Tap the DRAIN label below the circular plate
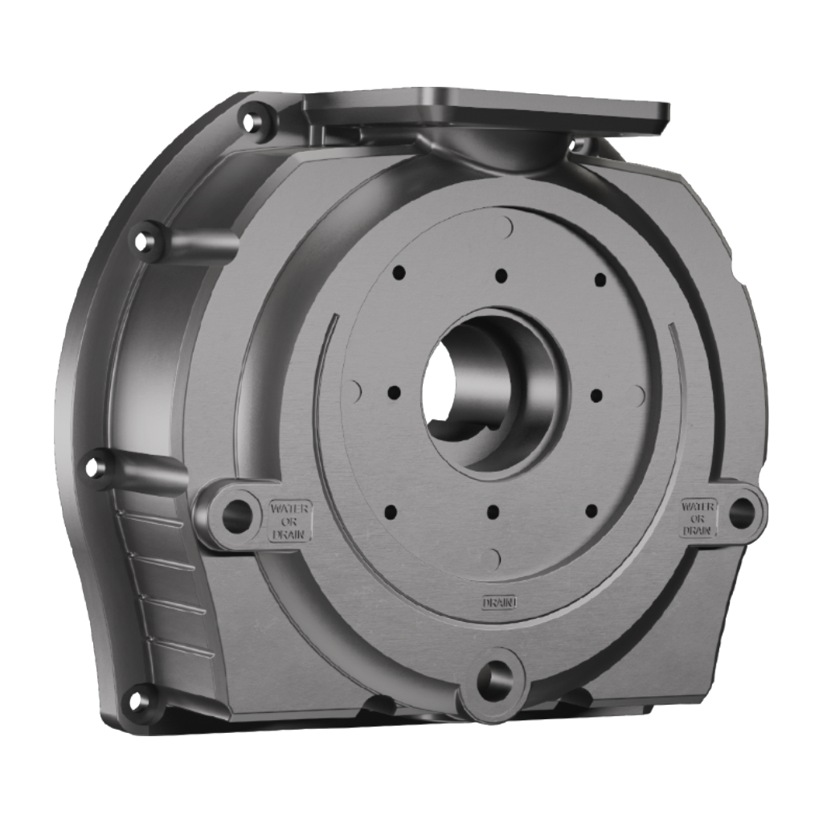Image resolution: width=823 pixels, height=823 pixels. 498,602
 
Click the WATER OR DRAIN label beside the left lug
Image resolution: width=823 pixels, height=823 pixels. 289,520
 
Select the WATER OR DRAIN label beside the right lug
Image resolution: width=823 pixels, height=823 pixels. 698,518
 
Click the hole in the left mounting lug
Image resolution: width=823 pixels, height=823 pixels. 236,515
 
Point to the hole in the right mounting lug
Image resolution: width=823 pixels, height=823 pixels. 741,513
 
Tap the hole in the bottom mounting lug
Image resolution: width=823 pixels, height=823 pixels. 494,681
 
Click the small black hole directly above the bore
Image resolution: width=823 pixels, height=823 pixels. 501,276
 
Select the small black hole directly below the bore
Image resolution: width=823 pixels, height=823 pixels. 493,512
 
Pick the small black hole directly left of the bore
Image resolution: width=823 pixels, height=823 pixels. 394,393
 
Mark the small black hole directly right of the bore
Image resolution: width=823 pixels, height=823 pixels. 596,395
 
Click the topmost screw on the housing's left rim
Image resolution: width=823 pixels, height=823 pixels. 252,122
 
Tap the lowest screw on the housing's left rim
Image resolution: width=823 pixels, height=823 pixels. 138,700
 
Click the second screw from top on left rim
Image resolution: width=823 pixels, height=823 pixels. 144,240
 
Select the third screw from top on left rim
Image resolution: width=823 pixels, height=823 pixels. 95,466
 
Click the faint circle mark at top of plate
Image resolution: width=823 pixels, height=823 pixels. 504,227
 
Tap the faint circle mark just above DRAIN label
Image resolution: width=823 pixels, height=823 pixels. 491,559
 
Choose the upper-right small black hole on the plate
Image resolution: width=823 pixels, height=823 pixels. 600,280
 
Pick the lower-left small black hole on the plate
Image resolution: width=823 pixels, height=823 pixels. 391,511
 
